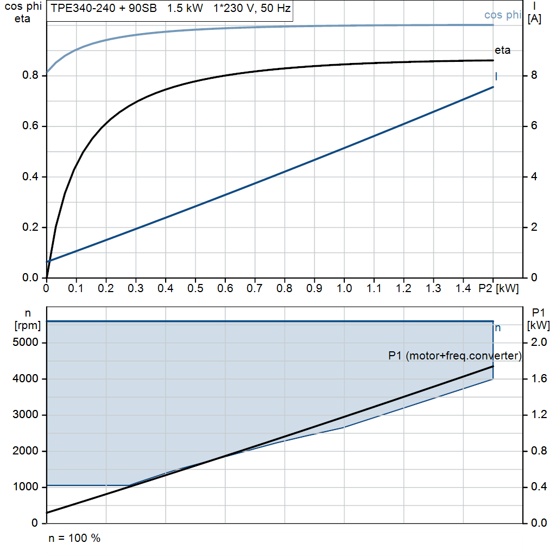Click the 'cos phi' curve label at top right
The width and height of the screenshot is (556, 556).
(502, 15)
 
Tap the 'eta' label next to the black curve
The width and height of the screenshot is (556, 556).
(502, 50)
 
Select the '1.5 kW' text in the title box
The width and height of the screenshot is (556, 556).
(185, 9)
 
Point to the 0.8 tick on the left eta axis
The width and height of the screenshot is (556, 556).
(30, 75)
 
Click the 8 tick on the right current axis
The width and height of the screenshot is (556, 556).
(534, 75)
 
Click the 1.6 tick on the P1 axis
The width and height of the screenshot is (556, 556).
(539, 379)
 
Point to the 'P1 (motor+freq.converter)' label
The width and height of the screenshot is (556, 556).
(455, 356)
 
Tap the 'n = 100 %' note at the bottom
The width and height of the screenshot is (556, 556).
(74, 539)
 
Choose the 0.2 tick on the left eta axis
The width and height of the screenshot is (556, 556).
(30, 228)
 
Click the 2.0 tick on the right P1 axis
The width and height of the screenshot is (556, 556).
(539, 343)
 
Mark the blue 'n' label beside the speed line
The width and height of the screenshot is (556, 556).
(498, 328)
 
